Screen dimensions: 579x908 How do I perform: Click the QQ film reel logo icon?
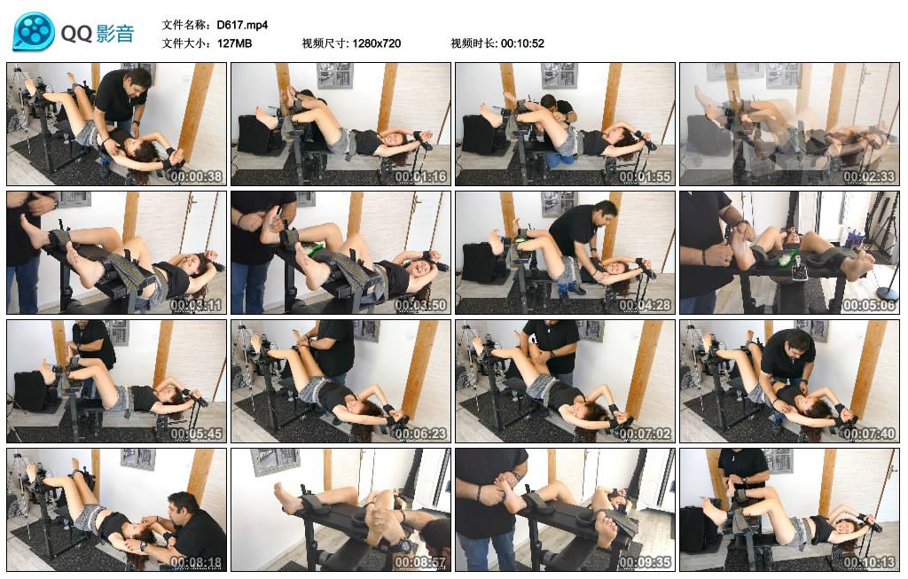[x=34, y=32]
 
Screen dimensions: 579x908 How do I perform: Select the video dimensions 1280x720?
[x=377, y=43]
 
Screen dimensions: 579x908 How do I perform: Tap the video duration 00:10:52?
[x=522, y=43]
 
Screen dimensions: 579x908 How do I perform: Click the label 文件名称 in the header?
[x=186, y=24]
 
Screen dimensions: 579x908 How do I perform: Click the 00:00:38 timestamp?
[x=196, y=176]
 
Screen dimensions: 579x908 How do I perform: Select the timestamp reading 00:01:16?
[x=420, y=176]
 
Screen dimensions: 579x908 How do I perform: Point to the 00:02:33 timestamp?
[x=869, y=176]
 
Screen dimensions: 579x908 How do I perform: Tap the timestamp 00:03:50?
[x=420, y=305]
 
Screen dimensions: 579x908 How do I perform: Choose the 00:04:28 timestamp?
[x=645, y=305]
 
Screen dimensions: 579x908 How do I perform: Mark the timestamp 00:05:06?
[x=869, y=305]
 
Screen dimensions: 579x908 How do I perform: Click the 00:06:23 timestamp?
[x=420, y=434]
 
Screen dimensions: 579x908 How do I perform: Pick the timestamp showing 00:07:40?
[x=869, y=434]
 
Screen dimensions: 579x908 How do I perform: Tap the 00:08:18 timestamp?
[x=196, y=563]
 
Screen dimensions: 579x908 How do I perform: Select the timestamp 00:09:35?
[x=645, y=563]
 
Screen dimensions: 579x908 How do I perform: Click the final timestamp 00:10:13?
[x=869, y=563]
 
